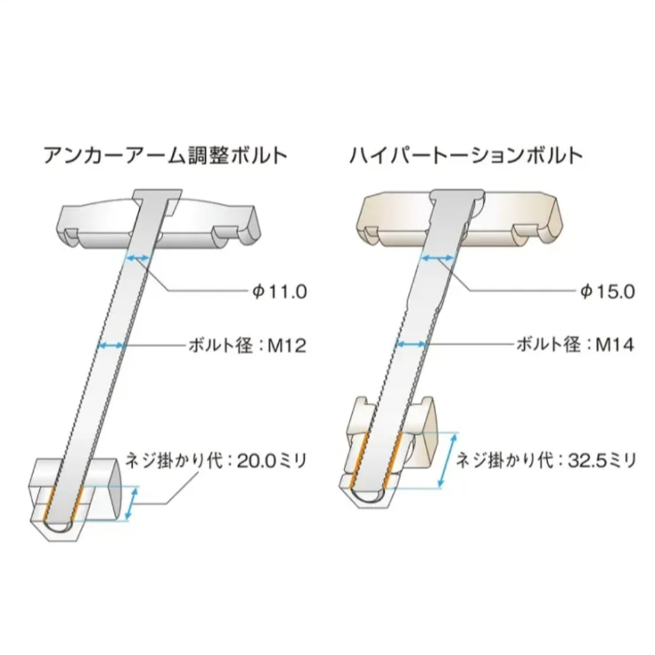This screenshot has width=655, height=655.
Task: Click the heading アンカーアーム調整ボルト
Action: pos(165,155)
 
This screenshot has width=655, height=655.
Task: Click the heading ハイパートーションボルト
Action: pos(465,155)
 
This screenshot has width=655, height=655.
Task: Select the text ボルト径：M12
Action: pos(248,345)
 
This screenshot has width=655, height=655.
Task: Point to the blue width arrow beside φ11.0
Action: pos(138,257)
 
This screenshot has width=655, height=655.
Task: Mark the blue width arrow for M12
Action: pos(112,345)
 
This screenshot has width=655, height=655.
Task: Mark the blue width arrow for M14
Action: pos(413,345)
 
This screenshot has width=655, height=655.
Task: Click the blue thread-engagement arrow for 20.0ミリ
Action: pos(132,503)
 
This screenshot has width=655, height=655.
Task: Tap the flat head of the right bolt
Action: pos(457,193)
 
